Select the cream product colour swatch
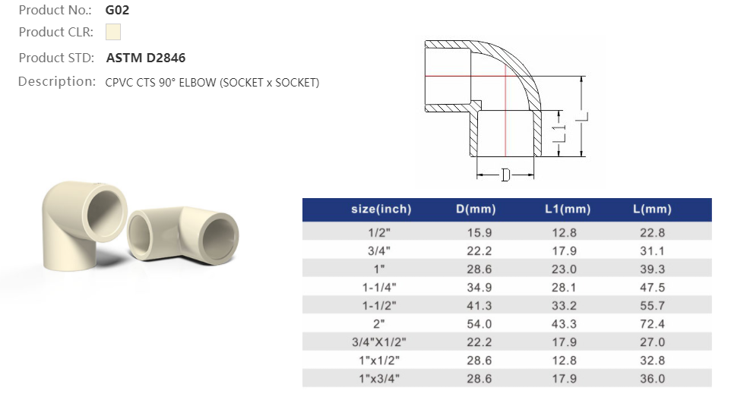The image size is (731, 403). tap(113, 32)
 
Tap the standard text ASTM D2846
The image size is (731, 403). tap(145, 58)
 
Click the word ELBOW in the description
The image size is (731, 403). tap(198, 82)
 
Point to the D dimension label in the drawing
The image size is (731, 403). tap(505, 175)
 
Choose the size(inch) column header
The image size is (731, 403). tap(381, 209)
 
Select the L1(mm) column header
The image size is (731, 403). tap(567, 209)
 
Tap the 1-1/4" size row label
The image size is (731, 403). tap(381, 288)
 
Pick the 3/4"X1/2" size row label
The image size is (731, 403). tap(381, 342)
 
